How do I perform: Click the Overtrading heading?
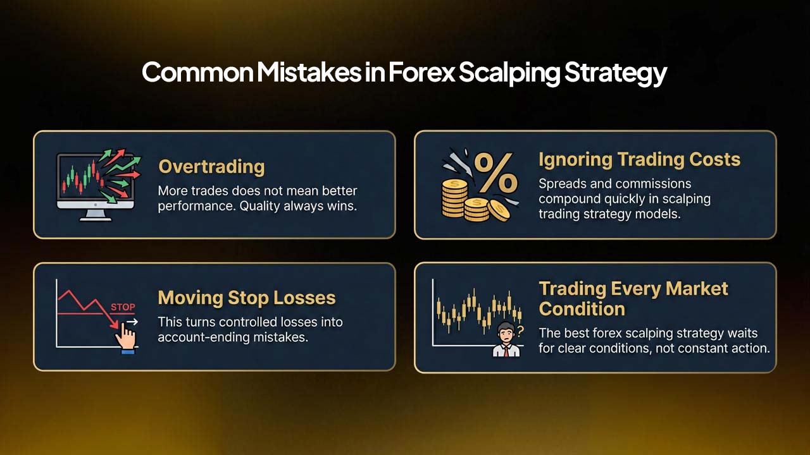click(x=211, y=167)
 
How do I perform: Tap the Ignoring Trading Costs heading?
click(x=639, y=159)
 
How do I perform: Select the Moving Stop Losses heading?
click(x=246, y=298)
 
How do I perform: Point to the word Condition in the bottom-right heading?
click(x=582, y=309)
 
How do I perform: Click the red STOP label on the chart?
click(x=123, y=308)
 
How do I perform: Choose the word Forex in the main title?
click(x=420, y=73)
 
